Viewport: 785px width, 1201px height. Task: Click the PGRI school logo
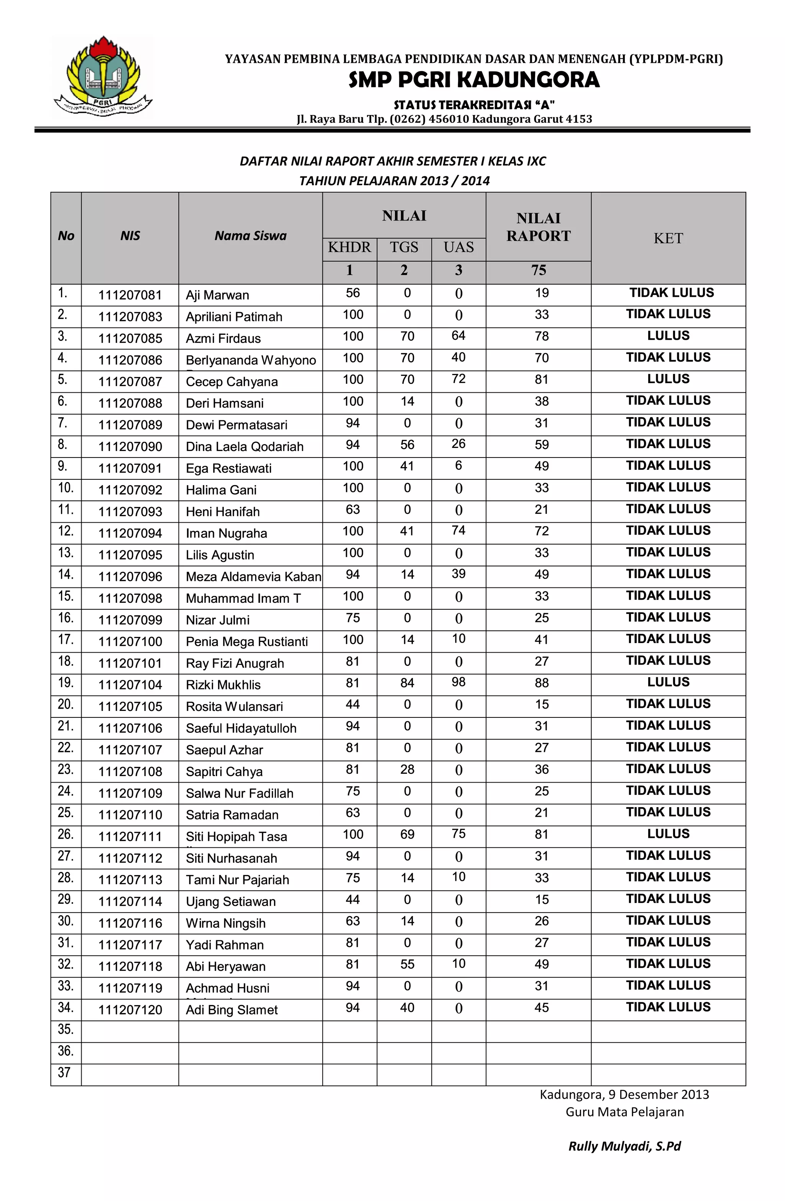103,77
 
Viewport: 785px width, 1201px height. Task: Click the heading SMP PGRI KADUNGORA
474,80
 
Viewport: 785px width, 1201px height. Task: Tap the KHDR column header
349,247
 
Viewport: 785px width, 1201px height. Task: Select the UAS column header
458,247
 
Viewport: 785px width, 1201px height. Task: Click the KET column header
668,238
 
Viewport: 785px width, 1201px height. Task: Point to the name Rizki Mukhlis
223,685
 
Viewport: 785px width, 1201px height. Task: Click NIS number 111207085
130,339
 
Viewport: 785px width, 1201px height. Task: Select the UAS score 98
458,682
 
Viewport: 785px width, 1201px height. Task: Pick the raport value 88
541,683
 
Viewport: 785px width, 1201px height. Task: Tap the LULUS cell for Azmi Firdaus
668,336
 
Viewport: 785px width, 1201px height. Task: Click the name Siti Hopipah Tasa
236,836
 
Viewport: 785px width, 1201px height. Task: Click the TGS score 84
407,683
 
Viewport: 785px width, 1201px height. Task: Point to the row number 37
64,1072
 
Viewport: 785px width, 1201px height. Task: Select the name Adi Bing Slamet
232,1010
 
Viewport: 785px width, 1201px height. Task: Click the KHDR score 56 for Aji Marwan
353,293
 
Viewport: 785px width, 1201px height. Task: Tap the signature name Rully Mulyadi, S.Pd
624,1146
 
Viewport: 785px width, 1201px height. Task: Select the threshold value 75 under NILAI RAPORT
538,270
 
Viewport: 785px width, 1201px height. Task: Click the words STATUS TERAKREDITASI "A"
474,105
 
